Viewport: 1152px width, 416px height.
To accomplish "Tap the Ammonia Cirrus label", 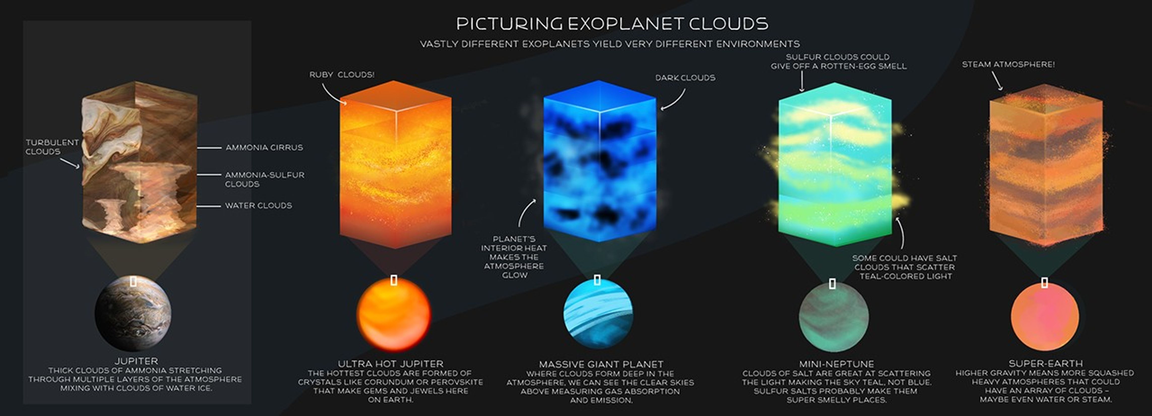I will [x=264, y=147].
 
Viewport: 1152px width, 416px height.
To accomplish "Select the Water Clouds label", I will [x=258, y=205].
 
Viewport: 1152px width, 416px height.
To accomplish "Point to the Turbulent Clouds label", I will [x=52, y=147].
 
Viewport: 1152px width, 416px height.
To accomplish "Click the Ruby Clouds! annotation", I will [x=342, y=75].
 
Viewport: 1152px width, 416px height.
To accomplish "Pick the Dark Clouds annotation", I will [x=685, y=78].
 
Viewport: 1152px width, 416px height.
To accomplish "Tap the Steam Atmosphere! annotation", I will [x=1008, y=64].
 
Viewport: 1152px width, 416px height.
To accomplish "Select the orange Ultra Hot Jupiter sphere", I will [x=394, y=314].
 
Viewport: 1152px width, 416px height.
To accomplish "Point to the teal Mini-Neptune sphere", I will [x=834, y=317].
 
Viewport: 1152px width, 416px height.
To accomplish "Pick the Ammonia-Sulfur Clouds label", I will [x=264, y=179].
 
